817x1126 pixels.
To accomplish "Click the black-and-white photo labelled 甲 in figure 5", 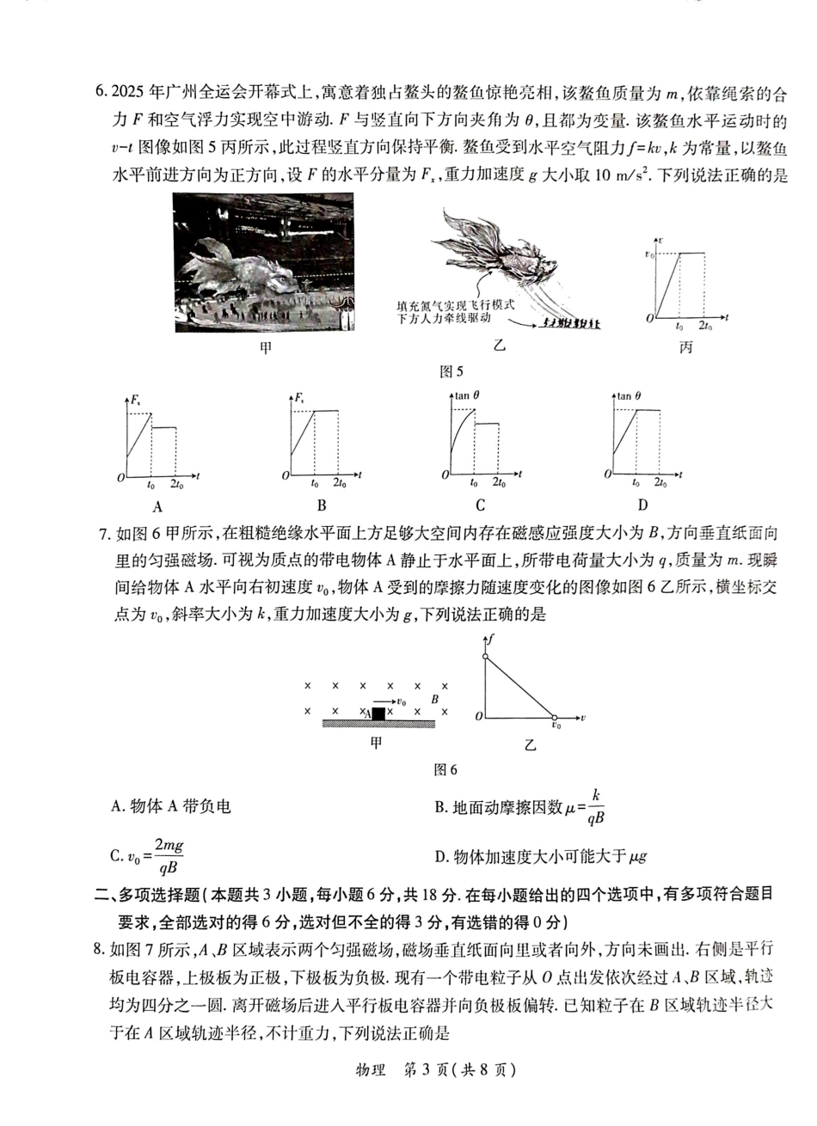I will [263, 262].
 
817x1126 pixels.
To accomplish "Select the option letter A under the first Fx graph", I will [157, 506].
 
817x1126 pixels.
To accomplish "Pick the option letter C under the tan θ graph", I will [480, 505].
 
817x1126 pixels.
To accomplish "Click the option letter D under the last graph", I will [642, 505].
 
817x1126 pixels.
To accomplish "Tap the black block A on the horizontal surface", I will [379, 713].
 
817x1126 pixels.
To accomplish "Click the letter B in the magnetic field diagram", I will [434, 700].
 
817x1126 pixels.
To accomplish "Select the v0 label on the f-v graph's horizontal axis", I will [556, 727].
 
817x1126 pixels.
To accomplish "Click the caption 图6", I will [445, 769].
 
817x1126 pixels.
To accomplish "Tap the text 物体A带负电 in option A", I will [179, 806].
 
